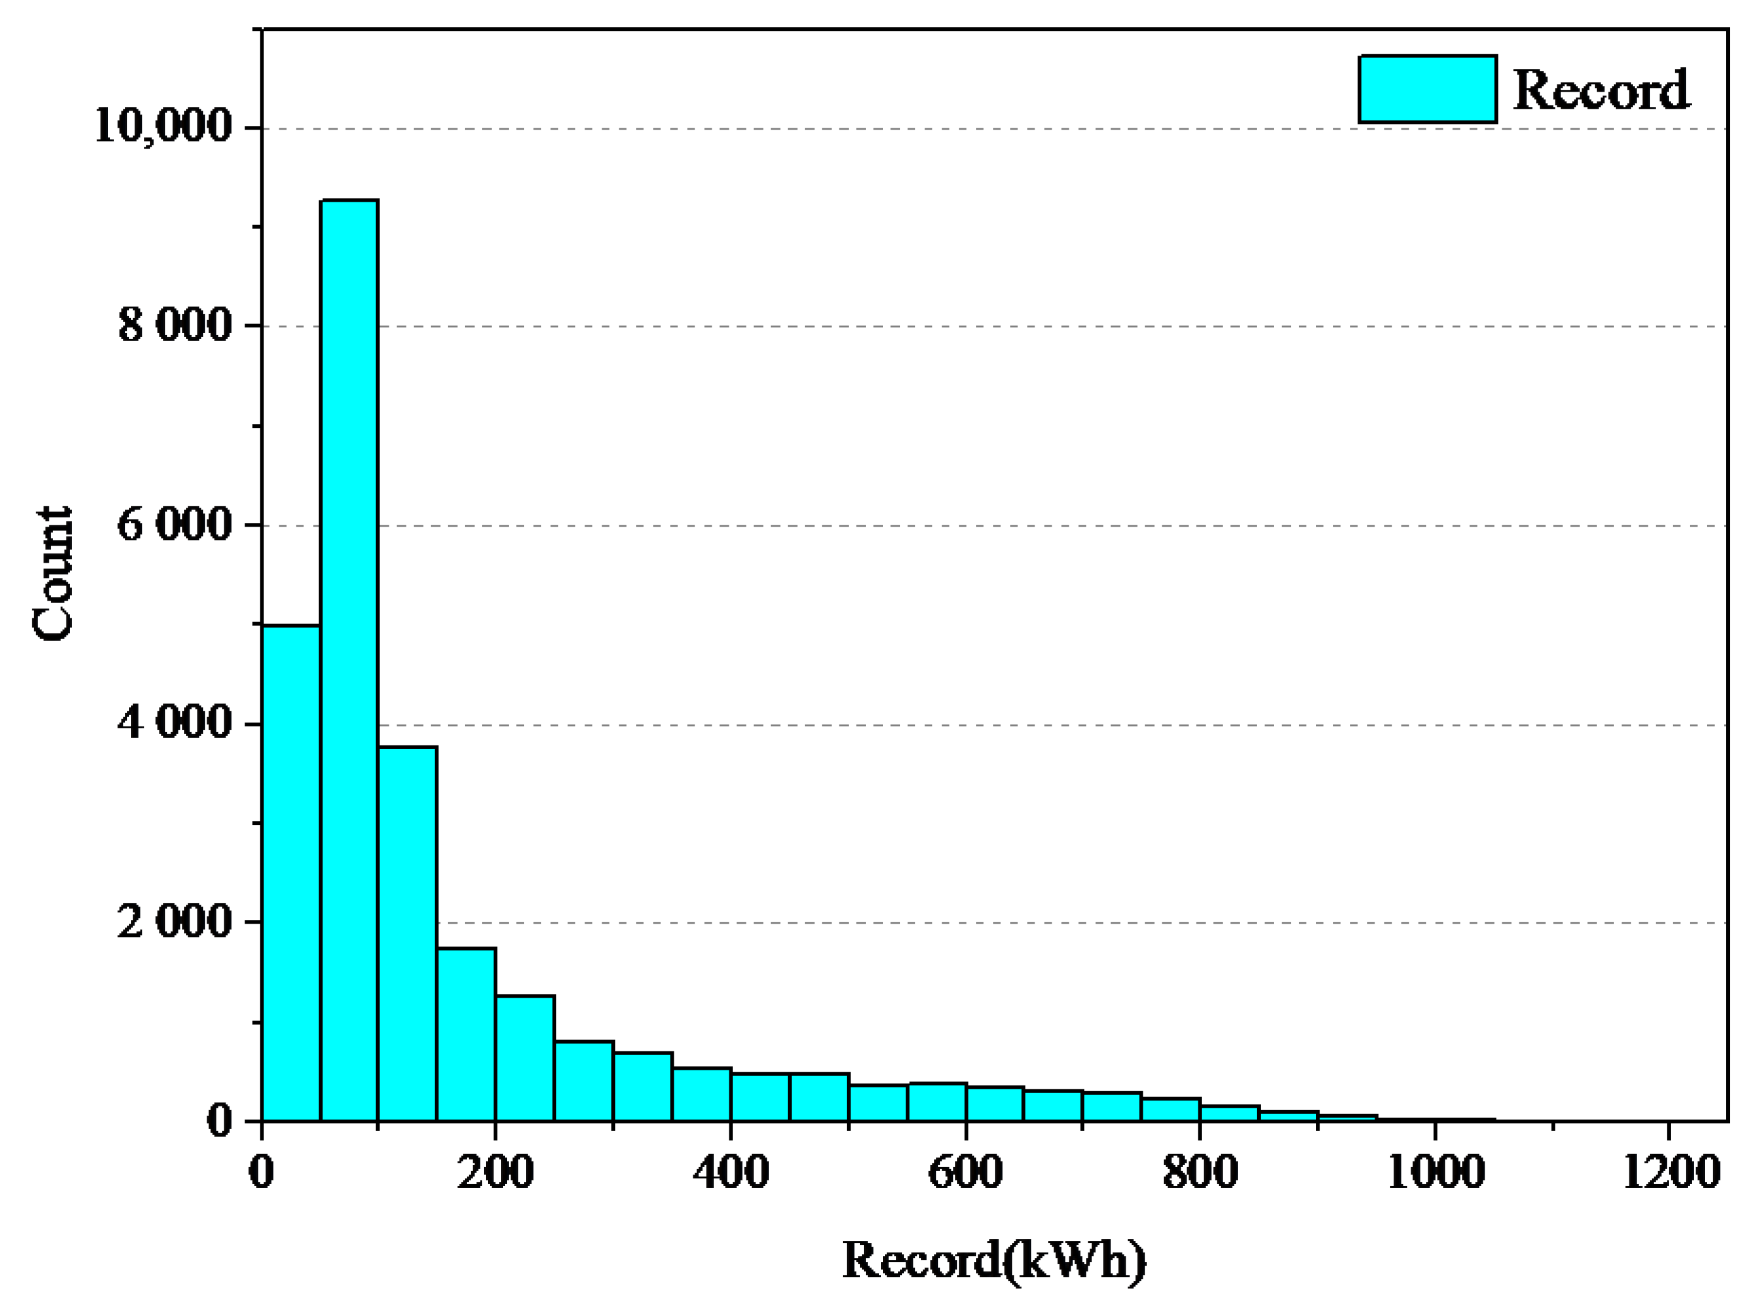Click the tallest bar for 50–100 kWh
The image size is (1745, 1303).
click(x=350, y=663)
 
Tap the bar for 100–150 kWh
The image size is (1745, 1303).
click(x=408, y=934)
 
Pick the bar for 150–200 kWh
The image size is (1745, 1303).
click(x=466, y=1035)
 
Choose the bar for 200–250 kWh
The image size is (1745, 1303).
click(x=525, y=1058)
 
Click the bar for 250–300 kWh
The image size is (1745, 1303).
click(x=583, y=1081)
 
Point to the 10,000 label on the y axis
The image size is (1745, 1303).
click(x=163, y=126)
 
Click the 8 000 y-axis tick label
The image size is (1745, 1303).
click(x=175, y=325)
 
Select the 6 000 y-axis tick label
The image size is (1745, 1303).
click(x=175, y=525)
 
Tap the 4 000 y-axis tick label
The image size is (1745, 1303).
click(x=175, y=723)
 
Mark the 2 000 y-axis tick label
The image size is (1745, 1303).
click(x=175, y=921)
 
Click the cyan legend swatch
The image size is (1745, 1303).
click(x=1427, y=89)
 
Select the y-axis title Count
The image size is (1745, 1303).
click(x=54, y=573)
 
